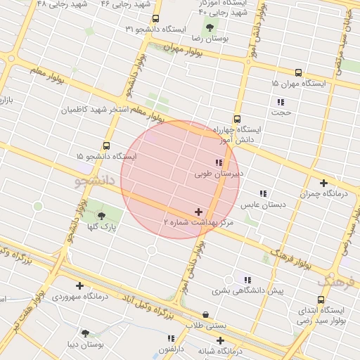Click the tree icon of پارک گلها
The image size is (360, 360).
[102, 216]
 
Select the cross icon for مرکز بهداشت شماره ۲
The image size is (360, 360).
[198, 212]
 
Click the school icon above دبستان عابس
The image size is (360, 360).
[263, 193]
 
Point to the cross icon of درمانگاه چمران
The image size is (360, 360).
[323, 184]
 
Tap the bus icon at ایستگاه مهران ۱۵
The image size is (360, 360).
[298, 72]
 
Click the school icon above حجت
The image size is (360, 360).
[281, 102]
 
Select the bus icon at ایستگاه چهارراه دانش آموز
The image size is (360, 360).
[237, 120]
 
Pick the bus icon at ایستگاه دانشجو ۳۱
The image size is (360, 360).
[155, 19]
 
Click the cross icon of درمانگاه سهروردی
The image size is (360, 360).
[79, 285]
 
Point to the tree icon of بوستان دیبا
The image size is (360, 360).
[86, 333]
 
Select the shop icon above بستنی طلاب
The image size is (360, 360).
[205, 315]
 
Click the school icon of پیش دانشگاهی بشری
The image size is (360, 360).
[246, 279]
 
